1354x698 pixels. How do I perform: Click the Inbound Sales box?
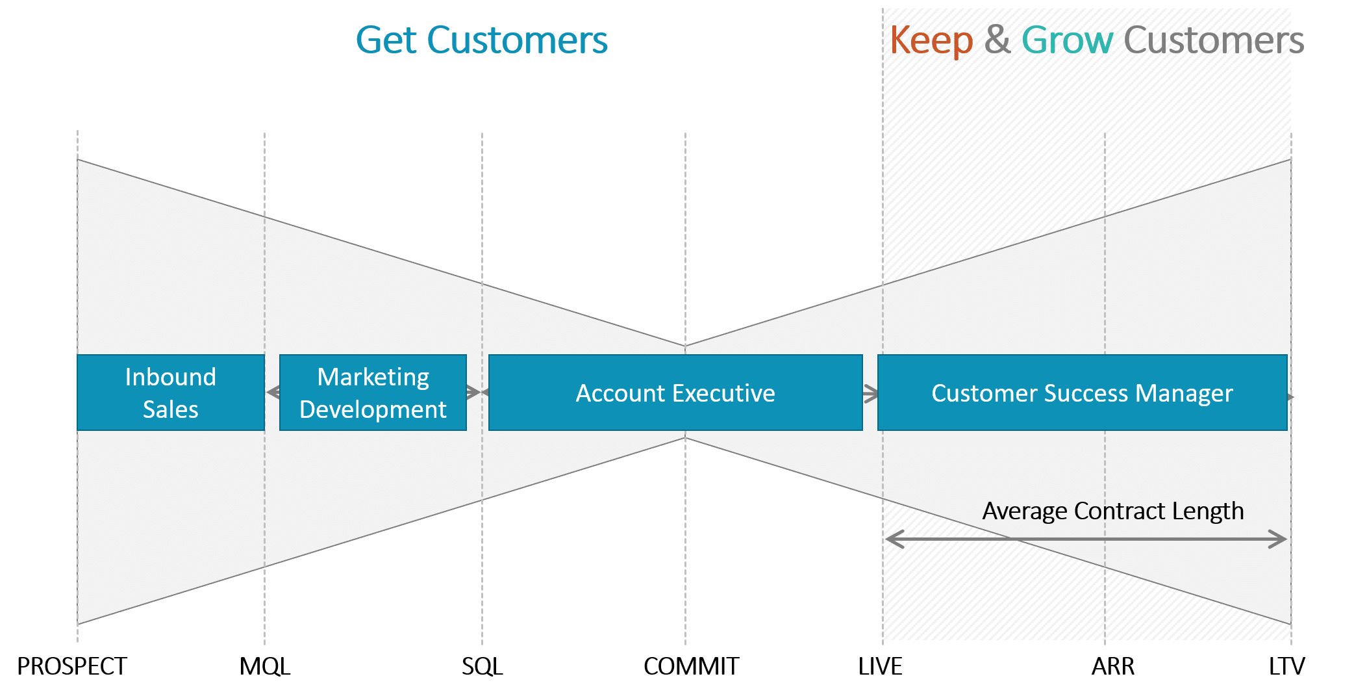(171, 393)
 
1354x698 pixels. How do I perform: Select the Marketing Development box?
(373, 393)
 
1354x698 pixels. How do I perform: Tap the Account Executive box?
(675, 393)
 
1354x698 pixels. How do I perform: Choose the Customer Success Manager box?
(1082, 393)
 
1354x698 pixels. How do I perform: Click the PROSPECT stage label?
(72, 667)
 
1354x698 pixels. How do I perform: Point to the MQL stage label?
(265, 667)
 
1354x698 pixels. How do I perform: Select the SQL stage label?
(483, 667)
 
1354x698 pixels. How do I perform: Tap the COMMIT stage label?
(692, 667)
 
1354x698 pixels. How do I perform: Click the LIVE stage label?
(881, 667)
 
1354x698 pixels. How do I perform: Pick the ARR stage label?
(1113, 667)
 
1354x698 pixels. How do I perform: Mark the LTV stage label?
(1287, 667)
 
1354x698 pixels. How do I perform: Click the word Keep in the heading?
(931, 41)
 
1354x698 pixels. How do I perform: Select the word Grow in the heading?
(1068, 40)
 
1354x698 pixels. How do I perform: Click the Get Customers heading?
(482, 40)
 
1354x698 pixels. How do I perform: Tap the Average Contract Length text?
(1113, 511)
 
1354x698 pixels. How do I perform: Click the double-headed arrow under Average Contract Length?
(1086, 539)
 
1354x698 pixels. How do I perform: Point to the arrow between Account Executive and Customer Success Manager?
(871, 393)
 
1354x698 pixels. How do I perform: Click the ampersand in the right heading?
(997, 40)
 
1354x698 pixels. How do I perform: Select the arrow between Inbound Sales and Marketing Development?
(273, 393)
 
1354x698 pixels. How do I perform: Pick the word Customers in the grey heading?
(1214, 40)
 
